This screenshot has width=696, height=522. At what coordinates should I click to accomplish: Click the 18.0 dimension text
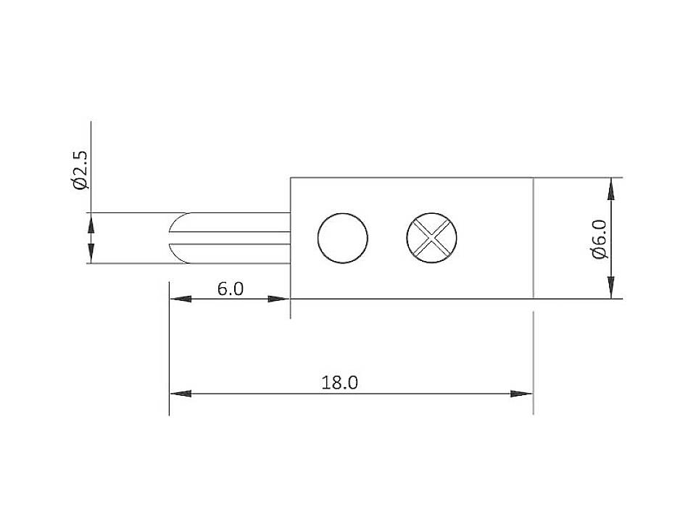pos(340,382)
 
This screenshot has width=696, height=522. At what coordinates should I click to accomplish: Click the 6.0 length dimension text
pos(231,289)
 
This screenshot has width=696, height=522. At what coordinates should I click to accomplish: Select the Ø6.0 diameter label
pos(599,239)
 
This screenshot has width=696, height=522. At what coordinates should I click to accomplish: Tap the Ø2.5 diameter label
pos(80,170)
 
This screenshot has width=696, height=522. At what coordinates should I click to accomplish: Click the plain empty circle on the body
pos(343,237)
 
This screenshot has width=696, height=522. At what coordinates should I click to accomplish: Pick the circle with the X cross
pos(432,237)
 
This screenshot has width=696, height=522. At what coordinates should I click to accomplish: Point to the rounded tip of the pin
pos(174,237)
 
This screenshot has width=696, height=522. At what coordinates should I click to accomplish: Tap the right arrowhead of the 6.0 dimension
pos(279,299)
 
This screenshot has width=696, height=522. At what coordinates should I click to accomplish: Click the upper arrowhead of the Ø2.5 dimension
pos(91,223)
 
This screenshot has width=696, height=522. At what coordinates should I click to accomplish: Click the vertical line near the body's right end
pos(533,238)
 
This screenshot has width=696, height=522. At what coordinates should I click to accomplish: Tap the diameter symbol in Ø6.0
pos(599,253)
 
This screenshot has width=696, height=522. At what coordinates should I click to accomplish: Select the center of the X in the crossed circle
pos(432,237)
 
